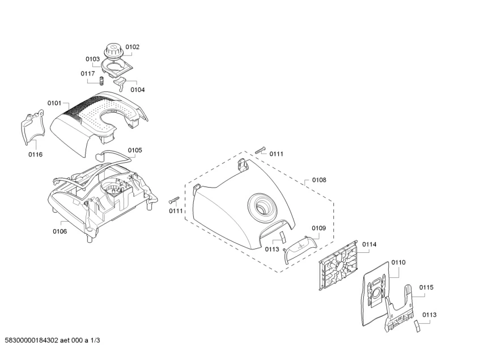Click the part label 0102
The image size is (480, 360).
coord(132,47)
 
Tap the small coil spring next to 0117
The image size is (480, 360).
coord(101,81)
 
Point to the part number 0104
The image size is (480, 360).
coord(138,90)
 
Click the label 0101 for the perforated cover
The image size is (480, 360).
coord(54,103)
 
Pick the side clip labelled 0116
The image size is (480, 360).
coord(33,126)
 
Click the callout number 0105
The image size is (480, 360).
coord(135,150)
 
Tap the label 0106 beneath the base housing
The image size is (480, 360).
coord(60,231)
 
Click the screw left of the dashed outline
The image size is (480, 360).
coord(174,200)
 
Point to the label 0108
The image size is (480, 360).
coord(319,180)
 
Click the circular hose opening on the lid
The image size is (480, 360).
coord(261,207)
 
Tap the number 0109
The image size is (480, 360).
coord(318,228)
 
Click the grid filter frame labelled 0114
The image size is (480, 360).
coord(338,265)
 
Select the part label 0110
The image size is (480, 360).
coord(398,262)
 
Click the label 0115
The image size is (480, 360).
coord(426,287)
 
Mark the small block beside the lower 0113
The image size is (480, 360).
coord(418,326)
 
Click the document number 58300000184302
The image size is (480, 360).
coord(32,340)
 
